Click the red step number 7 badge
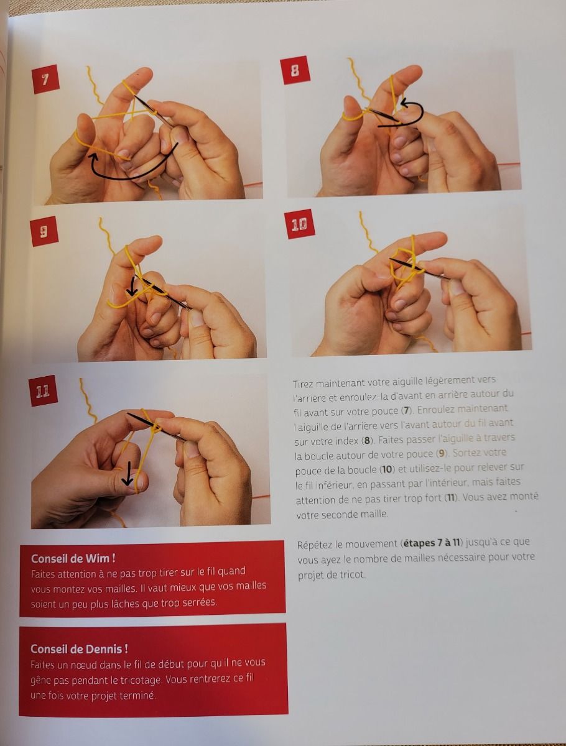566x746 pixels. (x=45, y=79)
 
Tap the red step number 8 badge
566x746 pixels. (x=295, y=70)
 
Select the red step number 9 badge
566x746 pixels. (x=44, y=233)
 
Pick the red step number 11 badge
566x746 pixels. (x=43, y=390)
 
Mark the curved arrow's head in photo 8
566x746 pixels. (x=404, y=101)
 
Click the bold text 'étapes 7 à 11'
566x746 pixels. (x=432, y=543)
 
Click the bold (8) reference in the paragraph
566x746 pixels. (x=367, y=441)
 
